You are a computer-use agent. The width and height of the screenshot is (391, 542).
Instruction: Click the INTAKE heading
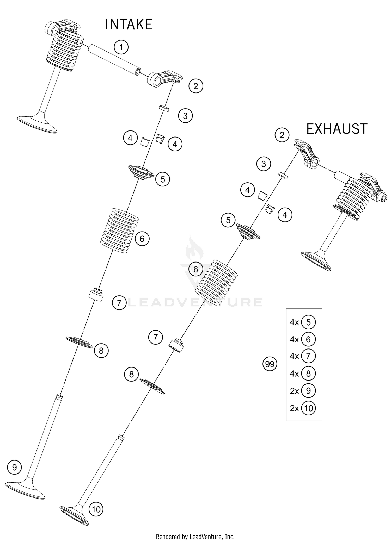[x=129, y=25]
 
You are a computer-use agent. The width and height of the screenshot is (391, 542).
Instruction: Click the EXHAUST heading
[x=337, y=129]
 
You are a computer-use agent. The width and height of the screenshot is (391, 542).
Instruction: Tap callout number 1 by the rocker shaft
[x=121, y=47]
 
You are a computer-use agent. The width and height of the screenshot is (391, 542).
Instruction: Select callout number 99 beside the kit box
[x=270, y=364]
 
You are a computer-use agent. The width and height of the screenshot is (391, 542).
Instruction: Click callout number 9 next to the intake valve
[x=14, y=467]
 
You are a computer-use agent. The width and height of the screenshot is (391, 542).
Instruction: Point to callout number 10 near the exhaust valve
[x=96, y=509]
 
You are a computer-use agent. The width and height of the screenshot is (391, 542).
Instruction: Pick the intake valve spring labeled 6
[x=119, y=231]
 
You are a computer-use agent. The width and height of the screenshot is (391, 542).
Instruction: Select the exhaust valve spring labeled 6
[x=217, y=283]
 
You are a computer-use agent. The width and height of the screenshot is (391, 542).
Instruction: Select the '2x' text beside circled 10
[x=294, y=408]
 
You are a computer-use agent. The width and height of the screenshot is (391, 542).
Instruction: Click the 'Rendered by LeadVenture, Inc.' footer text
[x=195, y=537]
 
